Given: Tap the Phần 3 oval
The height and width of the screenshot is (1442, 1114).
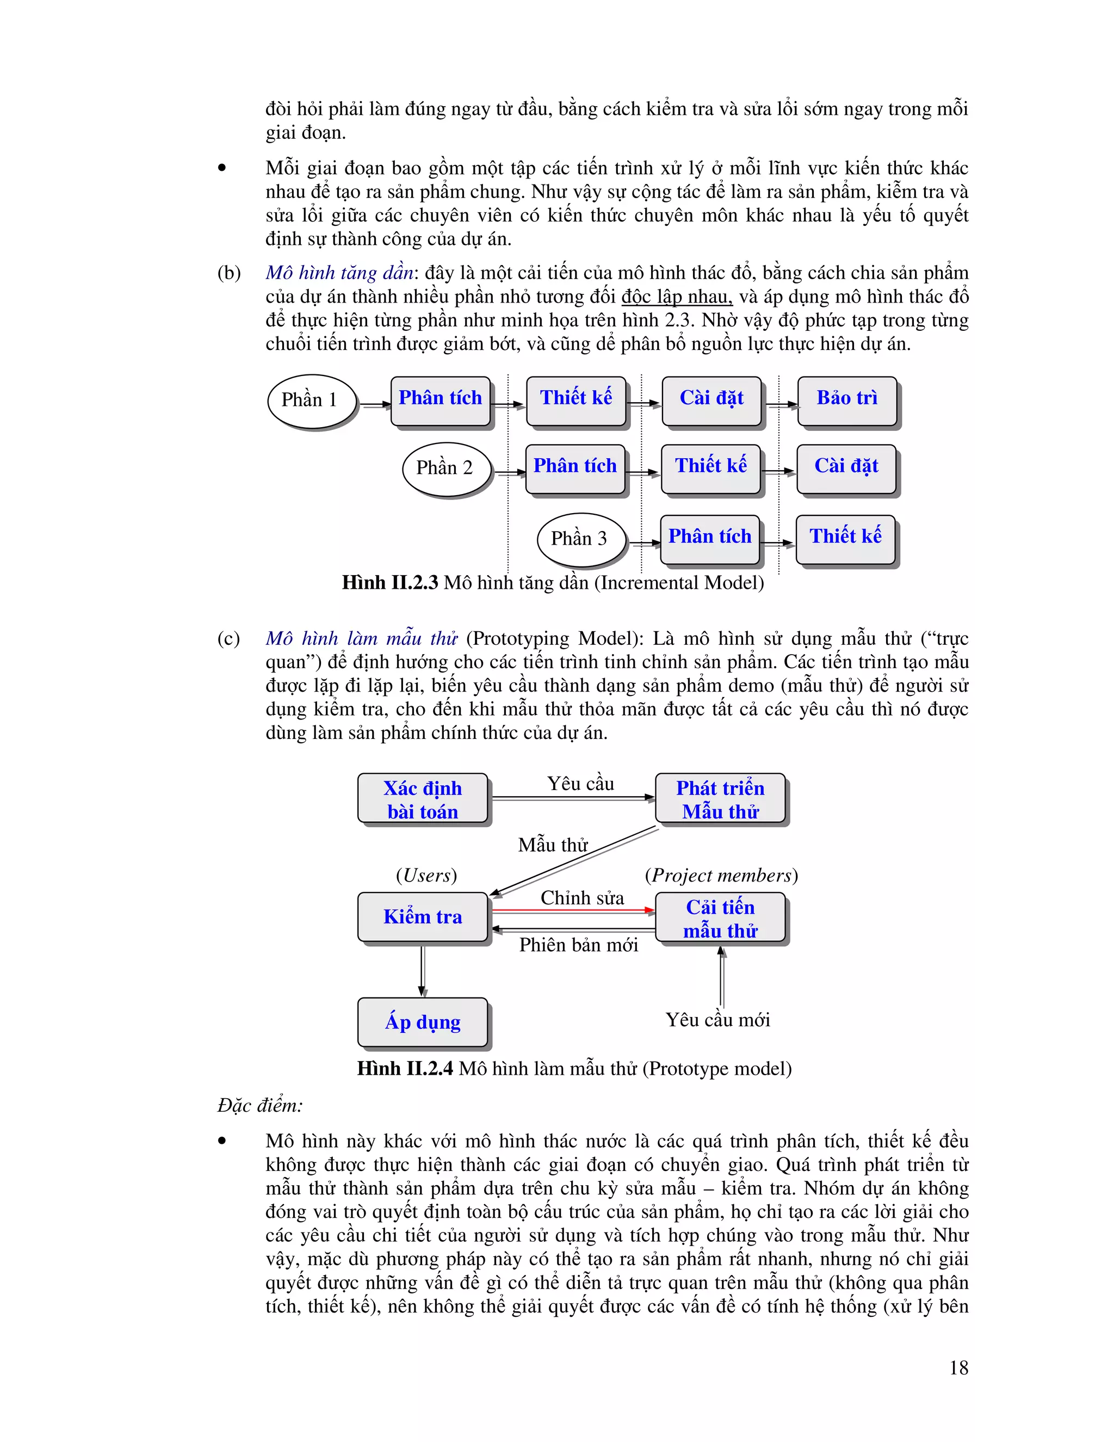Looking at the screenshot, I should (x=580, y=539).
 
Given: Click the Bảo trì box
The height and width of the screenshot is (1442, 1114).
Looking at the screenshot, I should (x=847, y=399).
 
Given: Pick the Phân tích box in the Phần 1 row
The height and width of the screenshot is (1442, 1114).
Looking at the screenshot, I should (x=440, y=399).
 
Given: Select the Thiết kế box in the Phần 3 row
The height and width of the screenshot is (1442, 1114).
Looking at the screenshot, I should (x=845, y=538).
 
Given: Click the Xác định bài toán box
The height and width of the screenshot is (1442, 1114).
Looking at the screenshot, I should (x=422, y=799).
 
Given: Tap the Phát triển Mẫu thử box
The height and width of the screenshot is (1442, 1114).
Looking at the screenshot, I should (x=720, y=799).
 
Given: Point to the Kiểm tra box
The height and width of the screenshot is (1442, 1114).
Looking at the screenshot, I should (x=422, y=916).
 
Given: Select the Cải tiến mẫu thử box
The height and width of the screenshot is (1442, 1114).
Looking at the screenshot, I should (x=720, y=918).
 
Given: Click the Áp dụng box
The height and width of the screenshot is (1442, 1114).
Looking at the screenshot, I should (x=422, y=1022).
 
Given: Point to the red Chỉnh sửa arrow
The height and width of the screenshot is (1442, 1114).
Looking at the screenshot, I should (x=573, y=910).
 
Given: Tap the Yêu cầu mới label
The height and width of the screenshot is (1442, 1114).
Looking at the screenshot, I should (x=717, y=1020).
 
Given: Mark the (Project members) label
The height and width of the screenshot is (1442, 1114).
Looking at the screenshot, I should (x=721, y=876).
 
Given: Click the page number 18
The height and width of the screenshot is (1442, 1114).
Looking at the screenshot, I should (x=958, y=1367).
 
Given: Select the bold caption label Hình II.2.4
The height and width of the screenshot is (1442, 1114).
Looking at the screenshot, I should (x=405, y=1068).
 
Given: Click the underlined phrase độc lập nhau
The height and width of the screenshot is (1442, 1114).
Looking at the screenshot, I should (x=677, y=297).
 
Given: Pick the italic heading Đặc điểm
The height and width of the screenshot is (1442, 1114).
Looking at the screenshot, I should (x=260, y=1105).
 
